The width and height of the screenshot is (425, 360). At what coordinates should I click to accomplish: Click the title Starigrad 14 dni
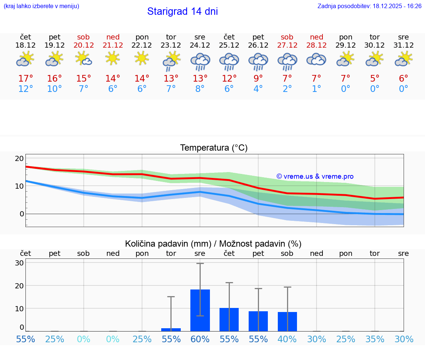click(182, 11)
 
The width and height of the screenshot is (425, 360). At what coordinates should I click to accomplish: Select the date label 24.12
click(200, 45)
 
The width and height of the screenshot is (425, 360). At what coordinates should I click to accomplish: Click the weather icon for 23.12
click(171, 61)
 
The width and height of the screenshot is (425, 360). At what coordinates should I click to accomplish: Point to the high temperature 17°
click(26, 78)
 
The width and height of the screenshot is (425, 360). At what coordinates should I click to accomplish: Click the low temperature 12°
click(26, 89)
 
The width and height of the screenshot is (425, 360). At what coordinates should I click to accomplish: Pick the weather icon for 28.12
click(317, 60)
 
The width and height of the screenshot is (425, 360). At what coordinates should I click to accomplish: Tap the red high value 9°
click(258, 78)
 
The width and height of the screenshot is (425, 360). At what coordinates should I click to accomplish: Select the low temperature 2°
click(287, 89)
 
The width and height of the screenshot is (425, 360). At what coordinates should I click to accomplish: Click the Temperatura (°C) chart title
click(214, 148)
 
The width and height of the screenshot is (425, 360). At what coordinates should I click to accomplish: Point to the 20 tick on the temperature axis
click(19, 158)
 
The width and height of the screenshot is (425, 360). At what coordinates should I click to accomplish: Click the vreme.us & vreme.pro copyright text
click(315, 176)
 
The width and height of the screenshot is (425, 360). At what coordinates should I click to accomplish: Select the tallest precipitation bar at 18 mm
click(200, 310)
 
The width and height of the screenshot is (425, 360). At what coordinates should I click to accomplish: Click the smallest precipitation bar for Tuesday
click(171, 329)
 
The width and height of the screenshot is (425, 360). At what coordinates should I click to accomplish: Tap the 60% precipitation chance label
click(200, 339)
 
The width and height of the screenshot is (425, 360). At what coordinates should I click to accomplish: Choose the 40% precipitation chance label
click(287, 339)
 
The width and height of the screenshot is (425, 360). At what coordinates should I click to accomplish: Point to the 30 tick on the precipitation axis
click(19, 263)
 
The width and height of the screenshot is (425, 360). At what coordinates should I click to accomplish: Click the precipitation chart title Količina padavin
click(213, 244)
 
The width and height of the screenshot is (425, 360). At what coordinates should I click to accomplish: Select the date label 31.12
click(404, 45)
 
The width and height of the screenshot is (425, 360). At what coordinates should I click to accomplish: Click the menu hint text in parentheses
click(41, 6)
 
